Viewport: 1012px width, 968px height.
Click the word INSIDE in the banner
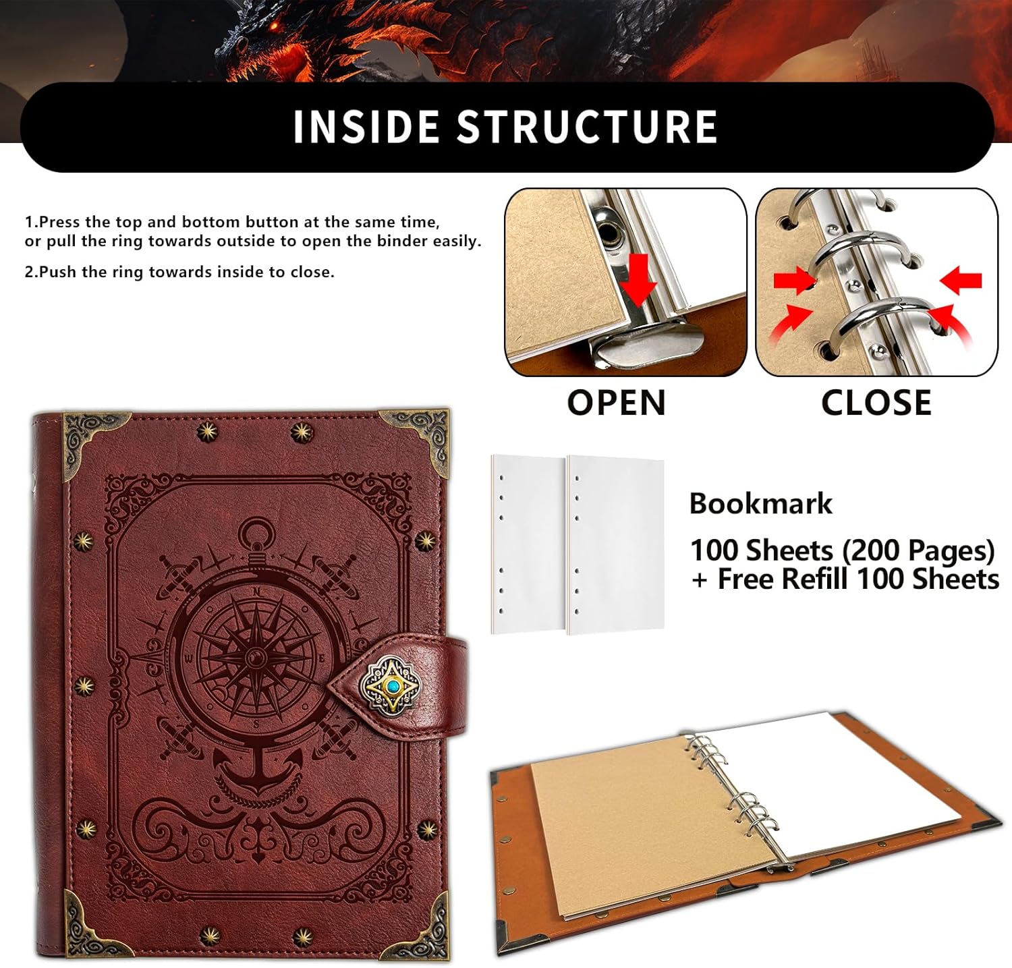[366, 126]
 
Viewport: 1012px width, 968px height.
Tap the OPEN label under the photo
[616, 403]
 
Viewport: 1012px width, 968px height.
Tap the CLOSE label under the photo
[876, 403]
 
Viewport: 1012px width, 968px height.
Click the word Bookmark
[760, 504]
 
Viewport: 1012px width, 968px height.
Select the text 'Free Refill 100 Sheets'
[857, 579]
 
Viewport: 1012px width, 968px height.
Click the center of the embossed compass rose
[255, 656]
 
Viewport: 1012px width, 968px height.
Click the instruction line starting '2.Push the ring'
[179, 273]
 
